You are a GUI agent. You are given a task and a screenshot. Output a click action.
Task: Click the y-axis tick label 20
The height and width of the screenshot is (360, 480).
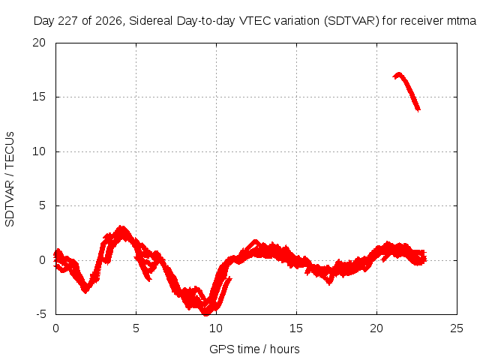click(x=39, y=43)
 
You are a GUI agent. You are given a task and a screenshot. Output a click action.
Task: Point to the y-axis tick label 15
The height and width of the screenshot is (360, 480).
click(x=39, y=97)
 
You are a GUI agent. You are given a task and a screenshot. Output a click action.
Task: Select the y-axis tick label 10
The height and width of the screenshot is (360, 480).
click(x=39, y=151)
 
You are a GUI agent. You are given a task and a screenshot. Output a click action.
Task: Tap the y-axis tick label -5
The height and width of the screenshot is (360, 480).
click(x=41, y=314)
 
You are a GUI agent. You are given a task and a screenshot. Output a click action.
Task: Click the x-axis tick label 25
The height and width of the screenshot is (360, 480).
click(x=457, y=328)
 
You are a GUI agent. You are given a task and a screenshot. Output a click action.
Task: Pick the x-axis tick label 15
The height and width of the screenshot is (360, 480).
click(x=296, y=328)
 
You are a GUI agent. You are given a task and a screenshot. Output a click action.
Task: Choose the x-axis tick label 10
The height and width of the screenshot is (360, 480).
click(x=216, y=328)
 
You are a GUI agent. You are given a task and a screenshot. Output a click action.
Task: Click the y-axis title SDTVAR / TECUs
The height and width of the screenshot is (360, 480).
click(x=10, y=179)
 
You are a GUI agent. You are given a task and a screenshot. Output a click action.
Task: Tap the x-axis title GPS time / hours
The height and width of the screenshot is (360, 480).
click(x=254, y=349)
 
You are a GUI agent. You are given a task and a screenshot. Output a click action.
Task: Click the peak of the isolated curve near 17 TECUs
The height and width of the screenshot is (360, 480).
click(x=398, y=74)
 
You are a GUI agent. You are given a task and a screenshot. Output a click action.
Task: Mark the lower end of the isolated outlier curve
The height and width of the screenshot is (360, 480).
click(x=418, y=109)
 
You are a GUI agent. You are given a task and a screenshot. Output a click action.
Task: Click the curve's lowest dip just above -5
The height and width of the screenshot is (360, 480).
click(x=206, y=313)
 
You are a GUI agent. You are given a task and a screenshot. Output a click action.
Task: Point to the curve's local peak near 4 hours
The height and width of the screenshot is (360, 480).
click(x=121, y=228)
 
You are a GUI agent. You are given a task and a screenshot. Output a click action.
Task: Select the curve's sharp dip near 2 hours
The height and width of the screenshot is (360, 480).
click(x=85, y=291)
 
